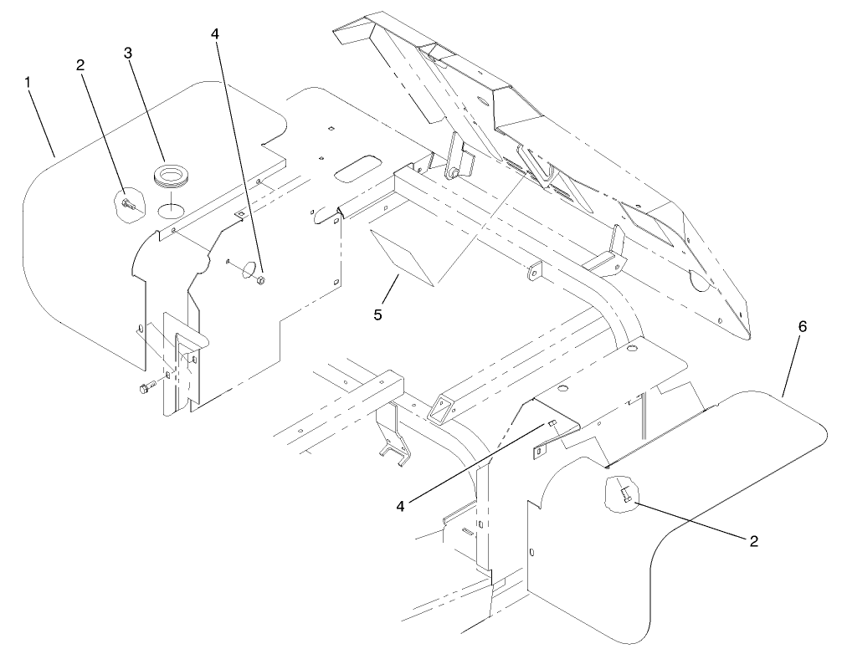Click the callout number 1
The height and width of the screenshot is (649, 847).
(28, 83)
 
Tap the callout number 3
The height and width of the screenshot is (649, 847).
(128, 53)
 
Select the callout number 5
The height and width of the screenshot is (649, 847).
(377, 314)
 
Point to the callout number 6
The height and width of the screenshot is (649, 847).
(802, 326)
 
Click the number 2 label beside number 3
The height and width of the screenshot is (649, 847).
(80, 64)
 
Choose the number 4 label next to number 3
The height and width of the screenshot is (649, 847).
(215, 33)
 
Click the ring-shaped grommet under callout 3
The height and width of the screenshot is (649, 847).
(170, 176)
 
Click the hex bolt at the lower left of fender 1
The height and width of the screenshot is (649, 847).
(147, 386)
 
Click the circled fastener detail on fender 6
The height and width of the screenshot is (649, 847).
(621, 493)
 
